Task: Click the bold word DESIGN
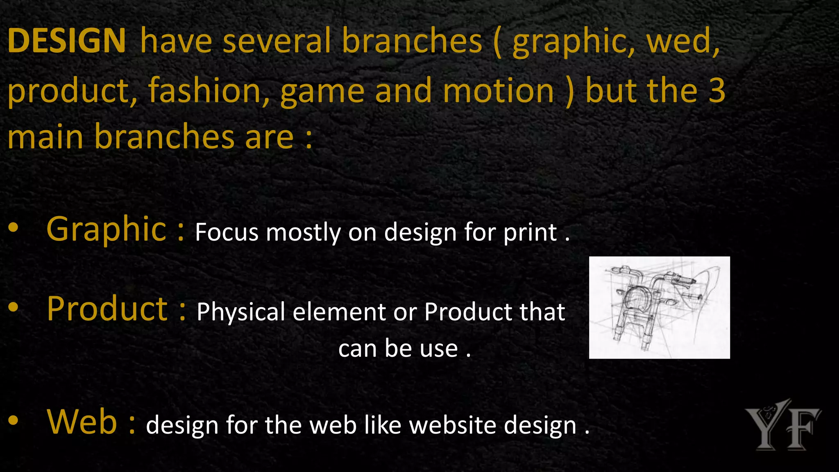tap(66, 41)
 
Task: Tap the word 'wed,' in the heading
tap(683, 41)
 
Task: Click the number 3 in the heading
tap(717, 91)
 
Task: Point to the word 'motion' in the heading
tap(499, 91)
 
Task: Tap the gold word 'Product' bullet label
tap(107, 309)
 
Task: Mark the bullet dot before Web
tap(13, 420)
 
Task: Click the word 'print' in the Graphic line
tap(530, 233)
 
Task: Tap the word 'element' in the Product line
tap(340, 312)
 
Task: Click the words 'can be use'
tap(398, 349)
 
